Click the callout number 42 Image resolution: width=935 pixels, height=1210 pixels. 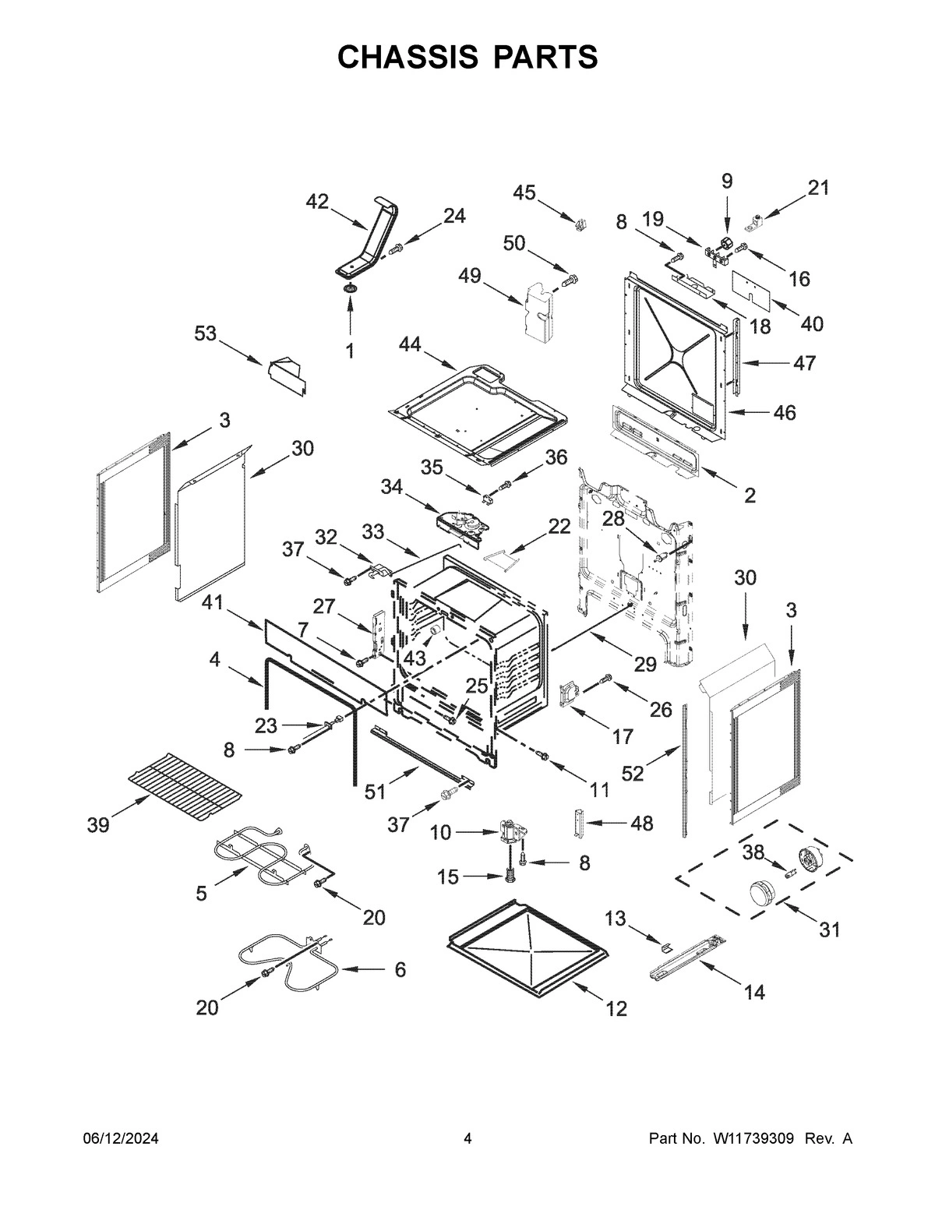click(317, 201)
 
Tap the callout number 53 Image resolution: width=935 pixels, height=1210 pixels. click(206, 333)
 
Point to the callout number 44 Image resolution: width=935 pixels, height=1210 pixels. click(410, 344)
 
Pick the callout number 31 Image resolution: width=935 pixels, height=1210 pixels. click(830, 930)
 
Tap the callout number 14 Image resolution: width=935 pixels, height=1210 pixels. click(754, 992)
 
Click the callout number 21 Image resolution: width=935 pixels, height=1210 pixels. click(818, 188)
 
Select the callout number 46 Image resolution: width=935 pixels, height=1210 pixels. click(785, 412)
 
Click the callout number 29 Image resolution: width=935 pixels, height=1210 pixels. click(644, 664)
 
